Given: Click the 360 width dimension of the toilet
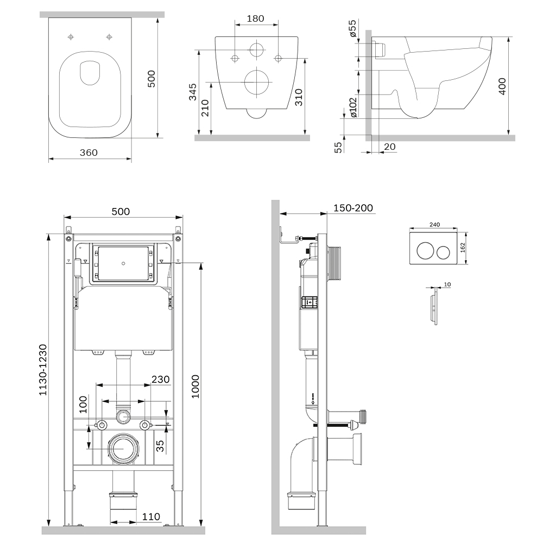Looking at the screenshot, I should click(x=89, y=153).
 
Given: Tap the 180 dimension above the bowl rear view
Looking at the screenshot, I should click(x=255, y=18).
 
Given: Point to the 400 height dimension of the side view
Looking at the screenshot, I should click(x=502, y=86).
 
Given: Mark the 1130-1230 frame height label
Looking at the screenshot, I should click(x=43, y=370).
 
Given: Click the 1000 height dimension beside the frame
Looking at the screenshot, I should click(x=196, y=386).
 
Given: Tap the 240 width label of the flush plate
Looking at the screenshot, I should click(x=434, y=224).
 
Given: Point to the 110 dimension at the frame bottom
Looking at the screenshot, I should click(x=152, y=516).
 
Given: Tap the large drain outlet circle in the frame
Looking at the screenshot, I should click(x=123, y=448).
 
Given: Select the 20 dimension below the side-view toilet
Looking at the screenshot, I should click(x=389, y=147).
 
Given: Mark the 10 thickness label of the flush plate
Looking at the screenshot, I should click(x=447, y=284).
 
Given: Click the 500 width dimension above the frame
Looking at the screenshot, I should click(x=121, y=211).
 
